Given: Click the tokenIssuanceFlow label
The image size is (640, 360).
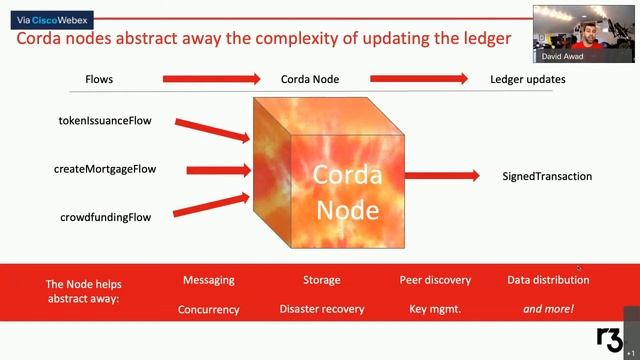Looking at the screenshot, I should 105,121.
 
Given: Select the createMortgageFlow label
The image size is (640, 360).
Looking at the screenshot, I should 105,169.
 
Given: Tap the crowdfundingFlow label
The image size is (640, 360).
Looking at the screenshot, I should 105,217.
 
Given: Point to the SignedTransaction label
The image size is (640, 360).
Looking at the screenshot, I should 547,176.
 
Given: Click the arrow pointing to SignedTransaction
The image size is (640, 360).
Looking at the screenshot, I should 441,176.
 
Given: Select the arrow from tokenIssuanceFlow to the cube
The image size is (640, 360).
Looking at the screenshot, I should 213,130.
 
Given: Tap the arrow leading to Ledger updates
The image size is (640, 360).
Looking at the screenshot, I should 419,79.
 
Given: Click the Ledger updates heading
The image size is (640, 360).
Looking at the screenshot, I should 527,79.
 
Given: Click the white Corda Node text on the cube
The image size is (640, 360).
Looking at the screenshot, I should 347,191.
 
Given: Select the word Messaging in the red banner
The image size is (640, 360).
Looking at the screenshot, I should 208,280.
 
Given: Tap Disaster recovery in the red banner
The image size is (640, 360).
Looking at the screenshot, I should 322,309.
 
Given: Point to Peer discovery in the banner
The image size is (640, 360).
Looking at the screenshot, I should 435,280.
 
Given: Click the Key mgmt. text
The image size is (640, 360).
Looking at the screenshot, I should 435,309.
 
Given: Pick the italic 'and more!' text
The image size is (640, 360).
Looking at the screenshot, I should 548,309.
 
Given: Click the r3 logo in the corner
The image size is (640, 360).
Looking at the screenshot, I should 609,339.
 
